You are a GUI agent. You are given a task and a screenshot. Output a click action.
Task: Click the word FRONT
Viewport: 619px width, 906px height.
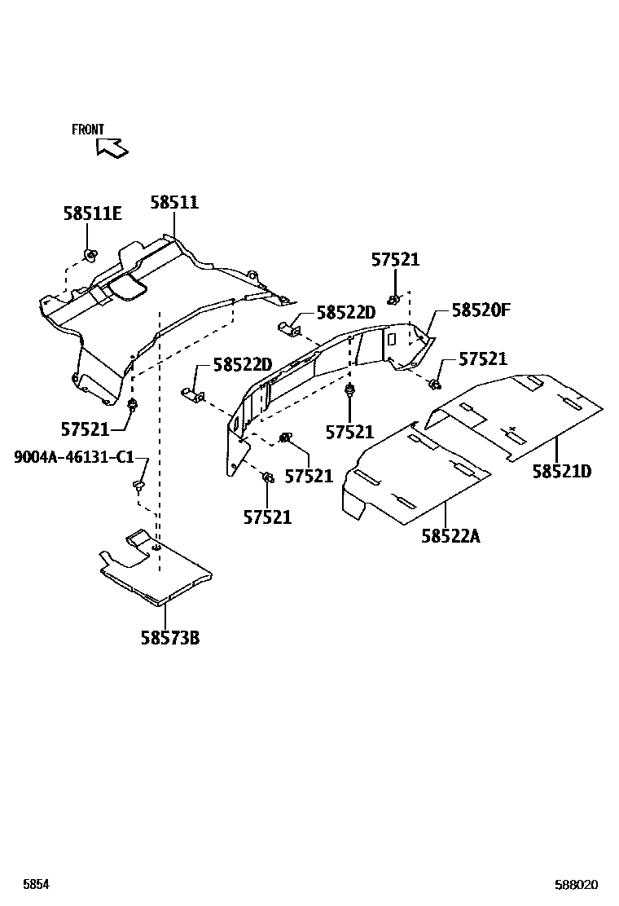[x=88, y=130]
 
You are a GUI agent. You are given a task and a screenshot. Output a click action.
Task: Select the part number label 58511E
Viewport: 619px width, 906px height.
[x=92, y=213]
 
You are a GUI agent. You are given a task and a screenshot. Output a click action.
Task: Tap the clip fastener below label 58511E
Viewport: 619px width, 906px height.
[x=90, y=257]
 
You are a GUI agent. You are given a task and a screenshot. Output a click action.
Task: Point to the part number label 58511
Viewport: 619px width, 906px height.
[x=174, y=203]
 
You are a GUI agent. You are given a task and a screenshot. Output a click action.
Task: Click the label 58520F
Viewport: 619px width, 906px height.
[x=481, y=310]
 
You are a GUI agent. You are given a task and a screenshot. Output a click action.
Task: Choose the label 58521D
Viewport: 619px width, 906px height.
[x=562, y=471]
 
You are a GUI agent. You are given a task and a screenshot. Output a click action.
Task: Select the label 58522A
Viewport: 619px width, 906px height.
[x=451, y=535]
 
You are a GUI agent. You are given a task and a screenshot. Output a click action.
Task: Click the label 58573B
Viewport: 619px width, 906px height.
[x=170, y=637]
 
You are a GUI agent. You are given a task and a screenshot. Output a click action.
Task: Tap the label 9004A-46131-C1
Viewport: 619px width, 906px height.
[x=73, y=457]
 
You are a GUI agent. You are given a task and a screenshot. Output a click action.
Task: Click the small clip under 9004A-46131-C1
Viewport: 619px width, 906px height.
[x=138, y=487]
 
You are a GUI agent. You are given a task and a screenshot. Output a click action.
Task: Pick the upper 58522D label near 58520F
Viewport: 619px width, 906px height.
[x=346, y=313]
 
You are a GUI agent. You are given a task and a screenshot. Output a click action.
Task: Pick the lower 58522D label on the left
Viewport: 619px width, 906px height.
[x=243, y=365]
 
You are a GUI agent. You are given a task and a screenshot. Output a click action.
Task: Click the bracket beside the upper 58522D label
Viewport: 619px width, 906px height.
[x=290, y=328]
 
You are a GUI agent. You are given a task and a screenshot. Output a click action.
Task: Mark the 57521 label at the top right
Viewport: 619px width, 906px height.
[x=395, y=260]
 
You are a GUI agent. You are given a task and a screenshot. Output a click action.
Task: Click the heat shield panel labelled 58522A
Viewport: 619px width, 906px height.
[x=415, y=481]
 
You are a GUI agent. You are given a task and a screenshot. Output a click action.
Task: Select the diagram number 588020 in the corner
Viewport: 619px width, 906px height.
[x=577, y=885]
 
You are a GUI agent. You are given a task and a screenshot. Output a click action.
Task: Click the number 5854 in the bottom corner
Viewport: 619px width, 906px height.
[x=36, y=885]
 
